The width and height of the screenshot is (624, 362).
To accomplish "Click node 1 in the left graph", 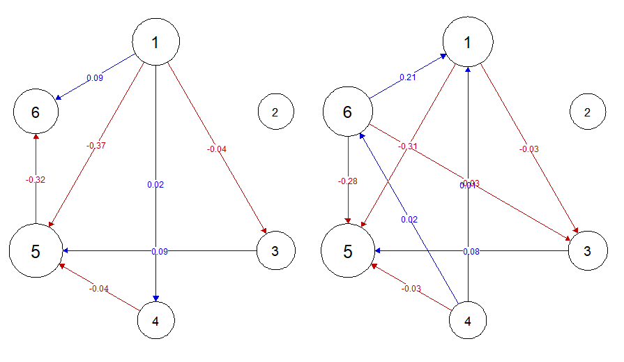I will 155,42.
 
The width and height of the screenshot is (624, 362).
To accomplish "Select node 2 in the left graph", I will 275,112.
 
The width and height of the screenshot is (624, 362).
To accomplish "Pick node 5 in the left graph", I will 35,251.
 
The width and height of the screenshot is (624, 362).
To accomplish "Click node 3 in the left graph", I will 275,250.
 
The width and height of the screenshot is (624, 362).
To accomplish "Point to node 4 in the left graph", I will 155,322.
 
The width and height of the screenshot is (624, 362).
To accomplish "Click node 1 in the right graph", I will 468,42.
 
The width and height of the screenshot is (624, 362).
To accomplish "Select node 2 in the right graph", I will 588,112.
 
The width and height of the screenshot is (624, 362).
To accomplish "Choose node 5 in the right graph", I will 347,251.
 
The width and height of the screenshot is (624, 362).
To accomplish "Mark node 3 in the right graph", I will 588,250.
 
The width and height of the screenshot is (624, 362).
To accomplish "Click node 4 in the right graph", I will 468,322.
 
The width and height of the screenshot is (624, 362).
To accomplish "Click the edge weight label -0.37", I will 96,146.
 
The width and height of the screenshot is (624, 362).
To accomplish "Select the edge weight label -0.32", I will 36,180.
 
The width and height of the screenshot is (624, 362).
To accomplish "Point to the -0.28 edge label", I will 348,181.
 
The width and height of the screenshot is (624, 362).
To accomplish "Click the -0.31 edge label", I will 408,146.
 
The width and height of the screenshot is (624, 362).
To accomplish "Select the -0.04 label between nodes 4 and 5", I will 98,288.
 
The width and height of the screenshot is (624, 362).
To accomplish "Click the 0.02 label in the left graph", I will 155,185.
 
